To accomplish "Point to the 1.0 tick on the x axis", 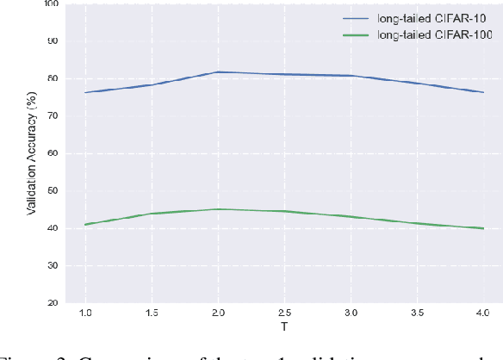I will tap(85, 314).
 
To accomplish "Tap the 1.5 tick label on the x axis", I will tap(151, 314).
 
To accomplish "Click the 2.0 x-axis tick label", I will tap(218, 314).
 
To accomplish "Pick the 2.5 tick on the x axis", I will tap(284, 314).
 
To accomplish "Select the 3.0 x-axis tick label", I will tap(351, 314).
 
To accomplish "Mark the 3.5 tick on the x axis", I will tap(417, 314).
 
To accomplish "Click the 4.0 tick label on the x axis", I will tap(482, 314).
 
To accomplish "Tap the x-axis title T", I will tap(284, 328).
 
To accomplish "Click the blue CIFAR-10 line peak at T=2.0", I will tap(218, 72).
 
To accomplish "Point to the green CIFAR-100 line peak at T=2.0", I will tap(218, 209).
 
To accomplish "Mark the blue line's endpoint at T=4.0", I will tap(483, 92).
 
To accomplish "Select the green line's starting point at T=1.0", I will tap(85, 224).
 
